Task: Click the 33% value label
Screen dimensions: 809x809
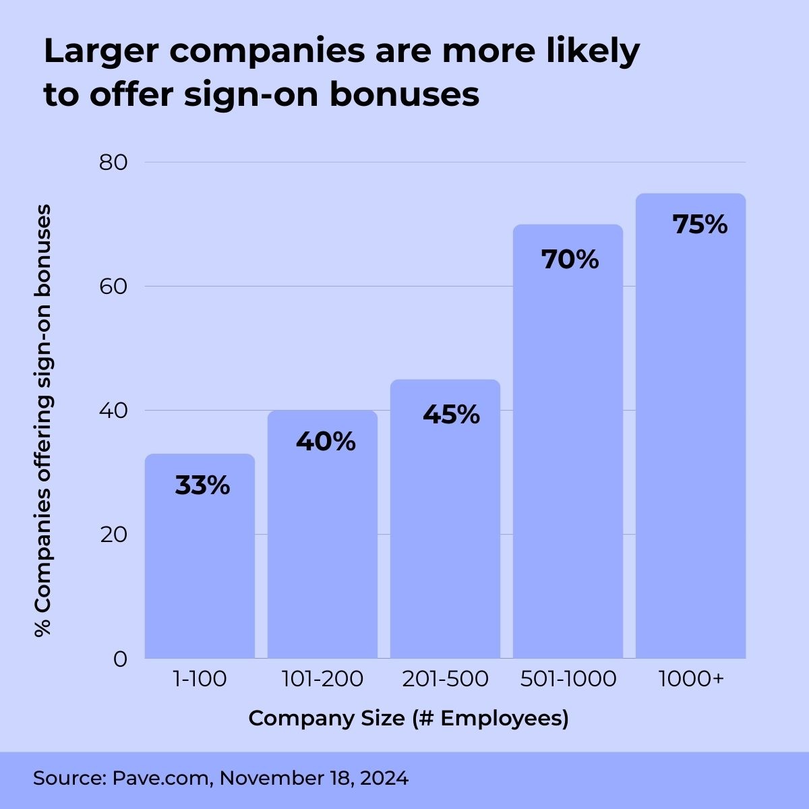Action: (202, 485)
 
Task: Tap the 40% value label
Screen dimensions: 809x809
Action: (326, 442)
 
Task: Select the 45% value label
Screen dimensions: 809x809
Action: (451, 415)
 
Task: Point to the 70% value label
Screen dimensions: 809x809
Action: (570, 259)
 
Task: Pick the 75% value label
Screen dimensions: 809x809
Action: (700, 224)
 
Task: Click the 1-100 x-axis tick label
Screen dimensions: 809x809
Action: (200, 679)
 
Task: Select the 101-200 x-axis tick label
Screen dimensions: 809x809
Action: (322, 679)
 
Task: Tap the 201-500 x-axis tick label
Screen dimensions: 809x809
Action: (445, 679)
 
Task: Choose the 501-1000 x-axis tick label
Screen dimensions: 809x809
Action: (568, 679)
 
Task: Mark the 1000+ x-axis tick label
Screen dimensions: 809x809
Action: (690, 679)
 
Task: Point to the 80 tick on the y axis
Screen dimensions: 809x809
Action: (113, 162)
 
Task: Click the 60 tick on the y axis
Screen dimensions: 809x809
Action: (113, 287)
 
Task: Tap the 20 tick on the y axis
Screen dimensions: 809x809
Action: (113, 535)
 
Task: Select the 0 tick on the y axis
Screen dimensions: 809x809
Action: (120, 659)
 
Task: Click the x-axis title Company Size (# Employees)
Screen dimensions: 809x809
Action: (409, 718)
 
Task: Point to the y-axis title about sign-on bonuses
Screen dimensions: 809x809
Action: (43, 421)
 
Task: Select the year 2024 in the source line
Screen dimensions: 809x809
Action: (384, 778)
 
